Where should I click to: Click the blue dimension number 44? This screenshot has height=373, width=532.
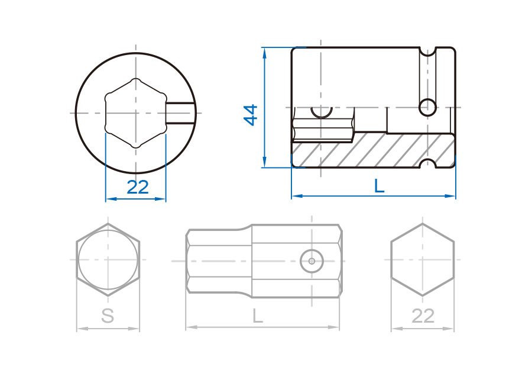(251, 115)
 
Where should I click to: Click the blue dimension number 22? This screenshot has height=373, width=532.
(137, 187)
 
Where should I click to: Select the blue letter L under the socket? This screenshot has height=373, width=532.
(379, 186)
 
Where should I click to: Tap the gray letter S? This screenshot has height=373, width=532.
(108, 316)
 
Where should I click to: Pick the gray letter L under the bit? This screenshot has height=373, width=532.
(258, 316)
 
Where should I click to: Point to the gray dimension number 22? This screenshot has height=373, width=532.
(423, 316)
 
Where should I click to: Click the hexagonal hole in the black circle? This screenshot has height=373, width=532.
(136, 113)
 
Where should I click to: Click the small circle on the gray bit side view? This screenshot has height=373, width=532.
(312, 261)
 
